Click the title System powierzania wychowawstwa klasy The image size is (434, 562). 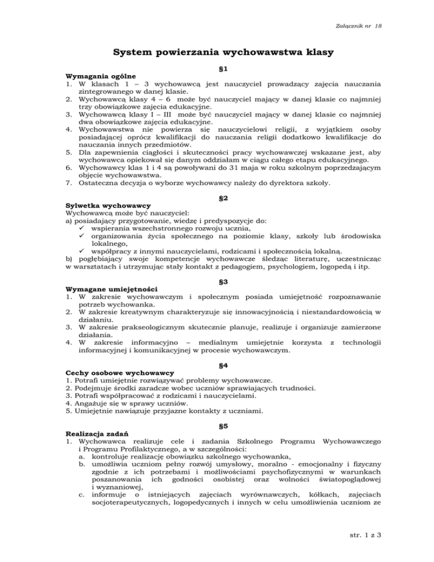pos(216,54)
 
